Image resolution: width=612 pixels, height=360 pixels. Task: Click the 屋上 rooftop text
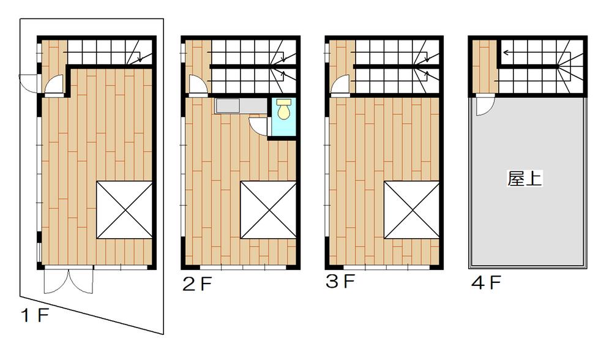click(x=525, y=179)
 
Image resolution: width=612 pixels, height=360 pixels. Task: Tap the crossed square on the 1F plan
click(x=124, y=209)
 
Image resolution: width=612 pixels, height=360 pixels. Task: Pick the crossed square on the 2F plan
click(x=268, y=209)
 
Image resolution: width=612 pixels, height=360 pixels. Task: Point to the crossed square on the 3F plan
click(x=412, y=209)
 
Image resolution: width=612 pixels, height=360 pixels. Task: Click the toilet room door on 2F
click(x=259, y=126)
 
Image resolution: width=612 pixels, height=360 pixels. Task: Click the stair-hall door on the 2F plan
click(x=197, y=86)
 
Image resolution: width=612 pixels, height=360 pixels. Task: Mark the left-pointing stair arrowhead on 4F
click(x=506, y=52)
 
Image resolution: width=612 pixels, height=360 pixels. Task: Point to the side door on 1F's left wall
click(x=29, y=81)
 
